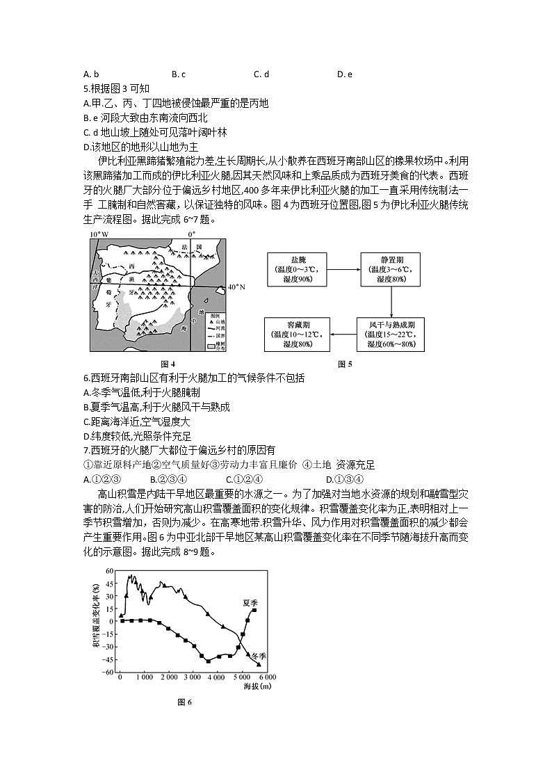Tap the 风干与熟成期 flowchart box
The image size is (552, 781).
[391, 335]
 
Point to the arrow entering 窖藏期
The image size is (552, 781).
[344, 335]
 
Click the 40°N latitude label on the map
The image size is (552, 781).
[237, 286]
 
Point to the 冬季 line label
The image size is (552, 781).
[258, 657]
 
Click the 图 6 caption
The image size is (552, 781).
[184, 702]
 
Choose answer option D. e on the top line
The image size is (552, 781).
[345, 74]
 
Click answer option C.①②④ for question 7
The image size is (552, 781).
[243, 478]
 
